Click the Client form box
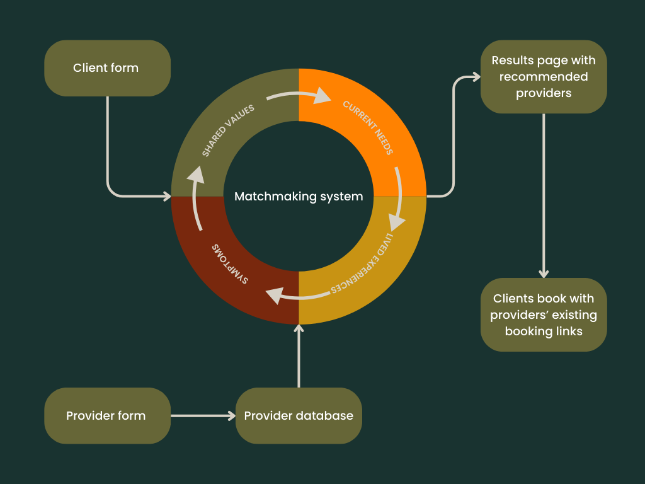[x=107, y=68]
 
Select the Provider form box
[x=107, y=416]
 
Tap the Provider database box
[x=299, y=416]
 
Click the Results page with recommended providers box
[x=544, y=76]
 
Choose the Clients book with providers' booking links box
[x=544, y=315]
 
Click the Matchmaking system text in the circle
[x=299, y=197]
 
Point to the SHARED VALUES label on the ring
[x=228, y=130]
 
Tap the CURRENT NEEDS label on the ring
[x=368, y=127]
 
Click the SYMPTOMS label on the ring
[x=230, y=264]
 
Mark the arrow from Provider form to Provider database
[x=203, y=416]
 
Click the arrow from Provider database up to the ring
[x=299, y=356]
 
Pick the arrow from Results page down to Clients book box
[x=544, y=196]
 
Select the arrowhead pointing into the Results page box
[x=476, y=76]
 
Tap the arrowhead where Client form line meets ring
[x=167, y=197]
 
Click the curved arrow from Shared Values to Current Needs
[x=299, y=95]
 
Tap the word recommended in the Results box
[x=544, y=77]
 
